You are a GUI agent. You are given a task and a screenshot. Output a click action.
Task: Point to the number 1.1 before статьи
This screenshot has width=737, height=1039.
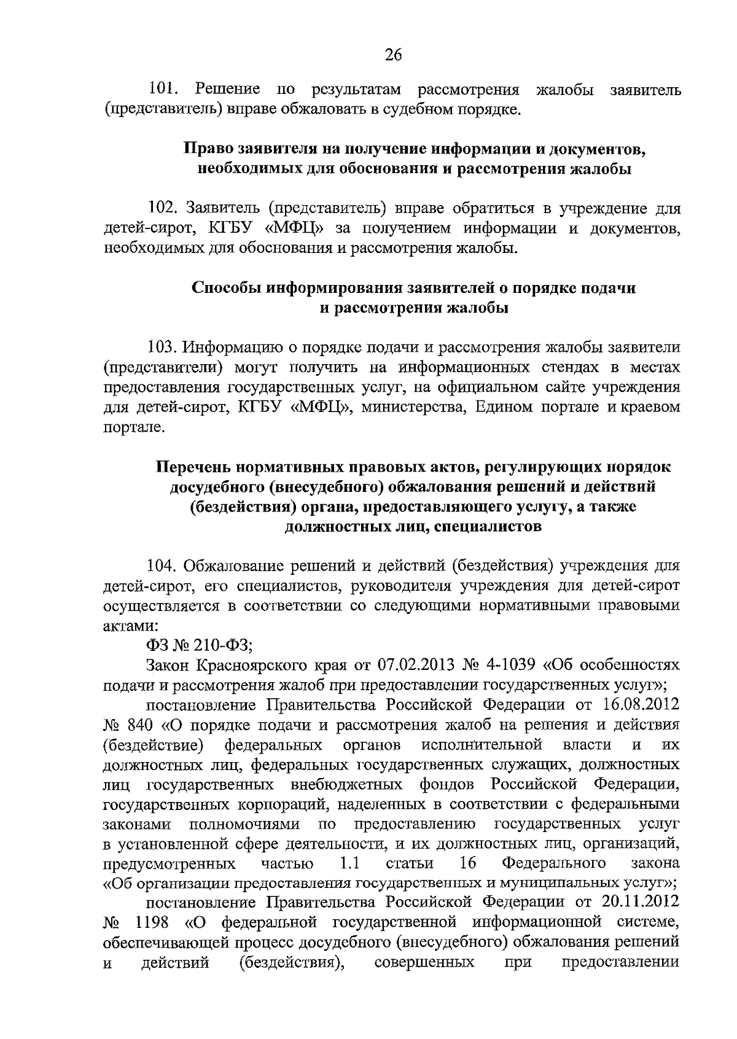[x=349, y=863]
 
